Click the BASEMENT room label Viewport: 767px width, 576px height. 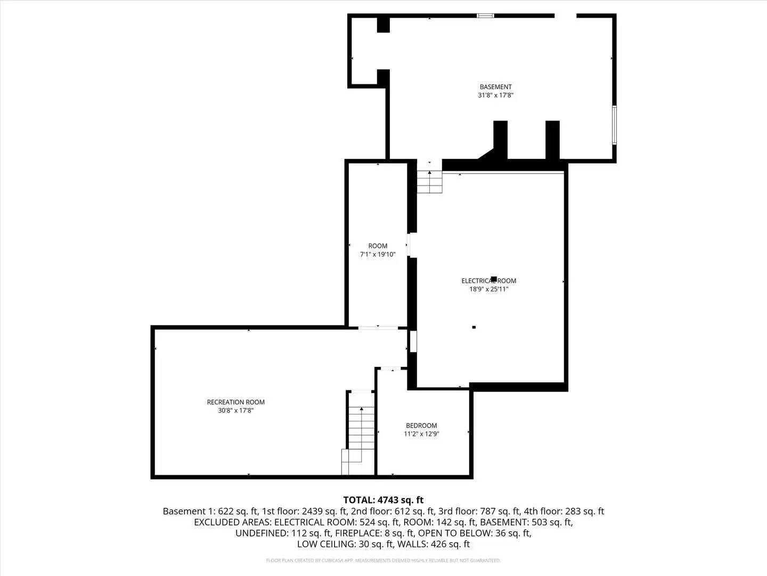coord(495,87)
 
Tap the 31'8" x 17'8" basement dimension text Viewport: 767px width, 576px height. coord(495,95)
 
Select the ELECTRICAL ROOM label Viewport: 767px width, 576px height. coord(488,281)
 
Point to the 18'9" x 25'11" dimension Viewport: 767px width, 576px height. coord(488,289)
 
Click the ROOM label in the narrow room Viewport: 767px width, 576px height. coord(378,246)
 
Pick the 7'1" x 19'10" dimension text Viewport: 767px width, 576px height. coord(378,254)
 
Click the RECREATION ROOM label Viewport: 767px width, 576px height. coord(235,402)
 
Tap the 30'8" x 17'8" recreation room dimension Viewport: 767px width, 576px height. coord(235,411)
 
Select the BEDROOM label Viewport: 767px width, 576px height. coord(421,426)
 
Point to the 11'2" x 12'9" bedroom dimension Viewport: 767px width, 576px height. coord(421,434)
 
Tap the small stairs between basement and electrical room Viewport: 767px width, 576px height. coord(429,181)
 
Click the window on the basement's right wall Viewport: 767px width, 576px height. coord(614,125)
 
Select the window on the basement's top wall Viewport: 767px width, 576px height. coord(485,16)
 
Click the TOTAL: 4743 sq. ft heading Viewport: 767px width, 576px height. coord(383,500)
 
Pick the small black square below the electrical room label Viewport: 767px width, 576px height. coord(474,327)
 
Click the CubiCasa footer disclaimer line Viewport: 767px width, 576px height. coord(383,561)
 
